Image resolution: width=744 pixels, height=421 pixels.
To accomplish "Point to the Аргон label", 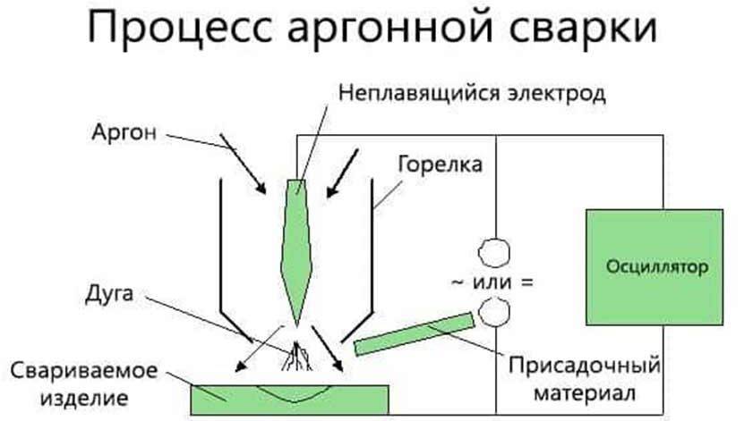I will tap(124, 132).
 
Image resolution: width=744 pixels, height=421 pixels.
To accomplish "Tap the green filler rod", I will tap(416, 332).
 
